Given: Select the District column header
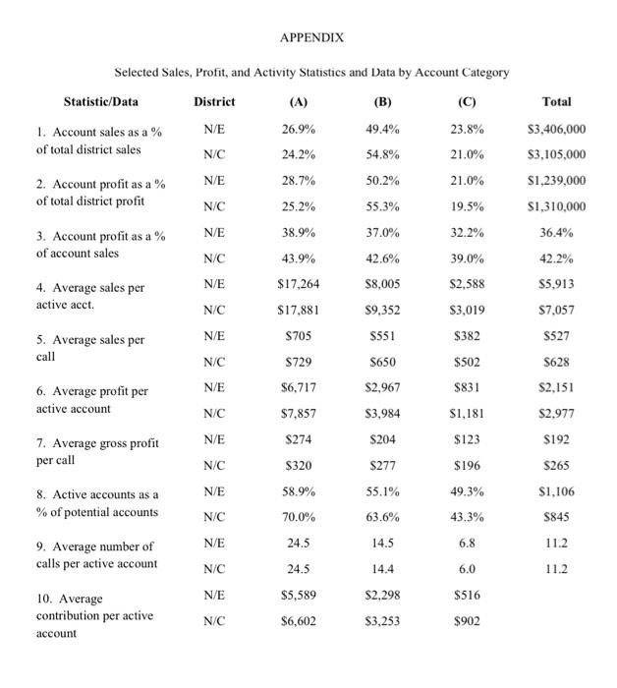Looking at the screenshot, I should [x=214, y=101].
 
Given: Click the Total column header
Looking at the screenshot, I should [x=556, y=101].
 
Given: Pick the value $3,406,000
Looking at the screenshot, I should [x=556, y=129].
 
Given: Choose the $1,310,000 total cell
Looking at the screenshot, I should [x=556, y=206].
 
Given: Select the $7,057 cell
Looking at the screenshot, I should [x=556, y=309].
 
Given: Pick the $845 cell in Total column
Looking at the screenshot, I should [x=556, y=515].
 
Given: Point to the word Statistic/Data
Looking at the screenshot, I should [x=101, y=101].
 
